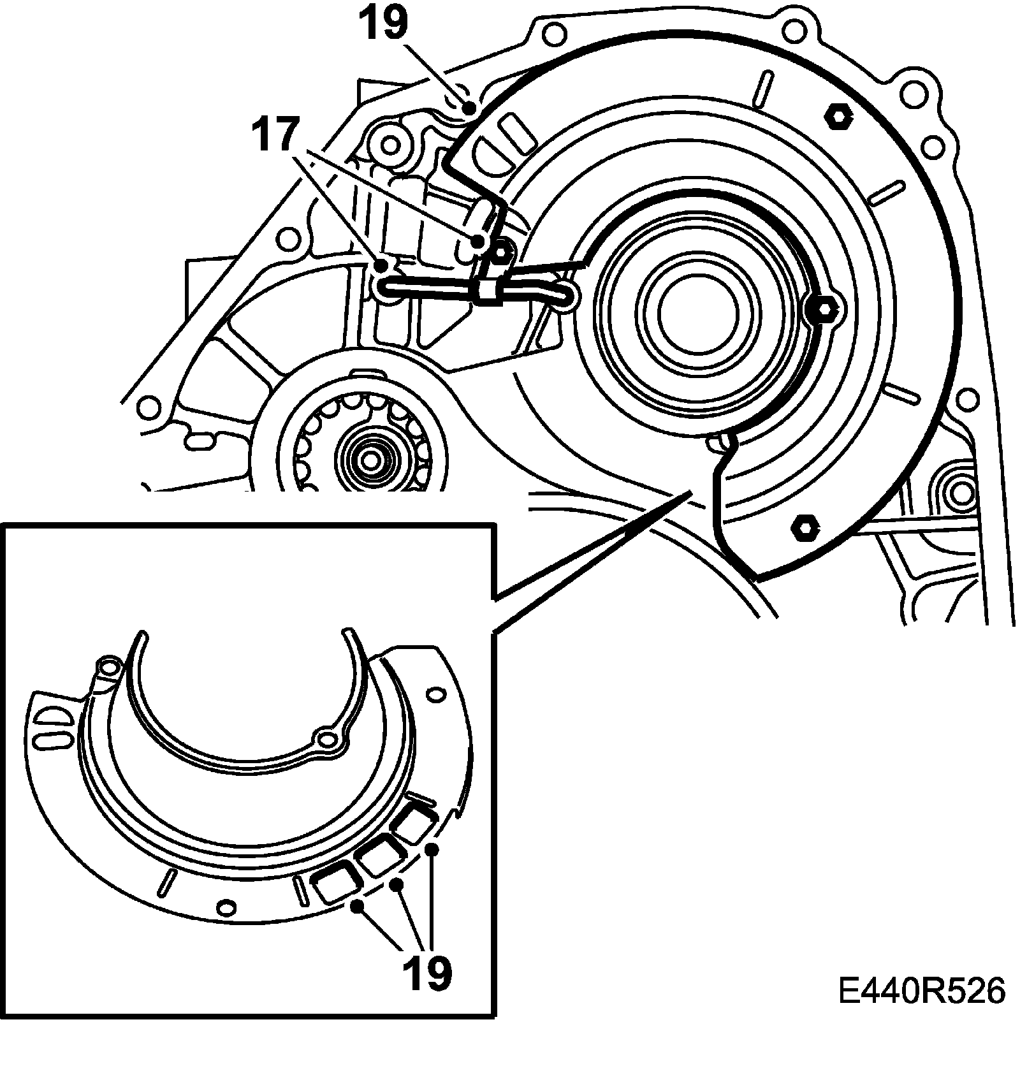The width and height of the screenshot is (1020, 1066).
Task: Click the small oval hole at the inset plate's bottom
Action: click(226, 906)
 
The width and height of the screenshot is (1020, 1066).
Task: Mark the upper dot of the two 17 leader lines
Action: click(477, 241)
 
